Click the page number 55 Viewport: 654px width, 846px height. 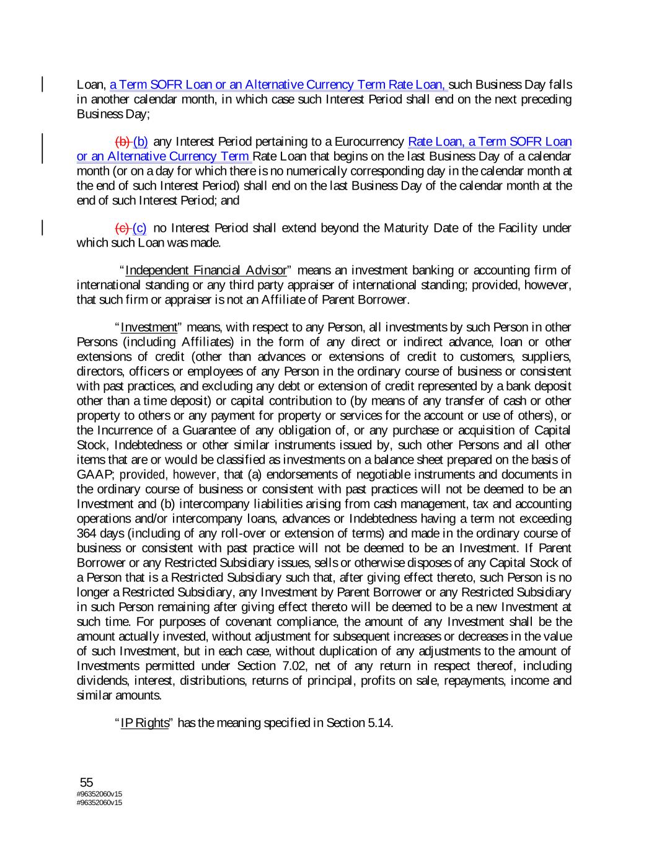[86, 782]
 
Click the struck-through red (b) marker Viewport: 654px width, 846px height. [123, 142]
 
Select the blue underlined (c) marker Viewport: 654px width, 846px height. [140, 228]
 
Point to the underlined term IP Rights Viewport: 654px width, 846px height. [144, 723]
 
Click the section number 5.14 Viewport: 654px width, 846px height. [380, 723]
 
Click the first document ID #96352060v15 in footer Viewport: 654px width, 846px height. [99, 793]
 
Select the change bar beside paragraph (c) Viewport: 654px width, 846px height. [43, 228]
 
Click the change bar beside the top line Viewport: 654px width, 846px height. [43, 84]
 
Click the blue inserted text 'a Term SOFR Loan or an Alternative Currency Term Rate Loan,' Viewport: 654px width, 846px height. [278, 84]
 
